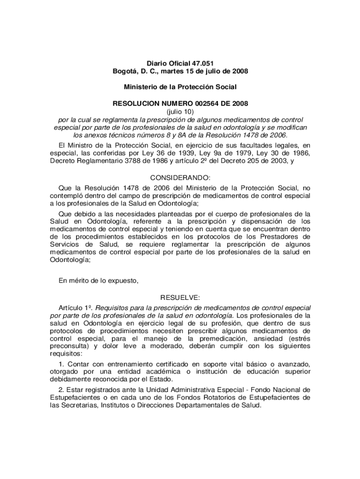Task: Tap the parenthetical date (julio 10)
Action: click(180, 112)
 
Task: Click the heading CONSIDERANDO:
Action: click(180, 178)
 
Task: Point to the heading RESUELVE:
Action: click(180, 298)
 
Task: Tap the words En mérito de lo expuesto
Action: click(98, 281)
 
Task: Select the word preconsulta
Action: click(69, 346)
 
